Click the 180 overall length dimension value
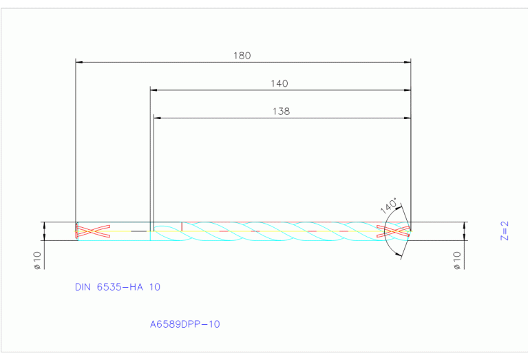[242, 56]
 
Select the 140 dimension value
[279, 83]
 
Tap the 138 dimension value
[281, 112]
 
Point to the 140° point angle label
[389, 206]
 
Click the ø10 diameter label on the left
[37, 260]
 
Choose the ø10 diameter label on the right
[457, 260]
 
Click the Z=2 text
[505, 231]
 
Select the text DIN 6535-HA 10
[118, 287]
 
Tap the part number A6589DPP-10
[185, 324]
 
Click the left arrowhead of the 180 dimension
[79, 63]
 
